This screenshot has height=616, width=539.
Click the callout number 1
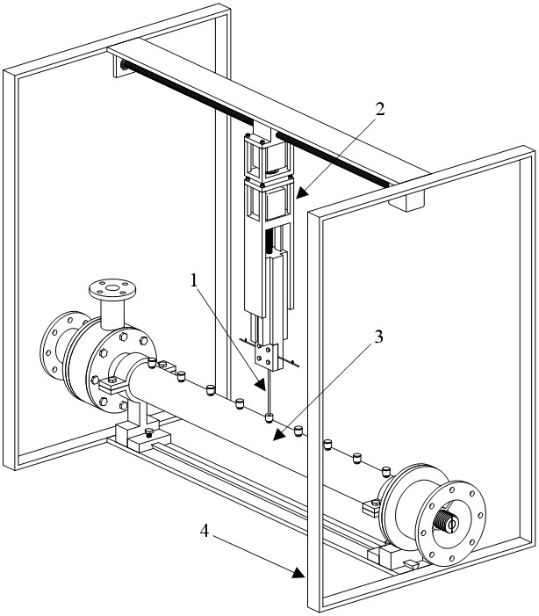193,280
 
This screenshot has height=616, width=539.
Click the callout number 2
379,109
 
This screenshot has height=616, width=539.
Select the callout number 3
378,337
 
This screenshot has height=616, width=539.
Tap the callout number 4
205,531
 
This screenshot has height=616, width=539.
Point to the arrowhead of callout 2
300,193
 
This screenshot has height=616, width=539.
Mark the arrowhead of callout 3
279,435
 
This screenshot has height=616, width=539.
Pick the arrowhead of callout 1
261,385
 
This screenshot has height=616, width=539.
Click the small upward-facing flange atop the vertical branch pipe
112,289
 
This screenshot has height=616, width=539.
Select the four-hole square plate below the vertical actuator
265,355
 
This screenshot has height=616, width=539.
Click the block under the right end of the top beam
406,200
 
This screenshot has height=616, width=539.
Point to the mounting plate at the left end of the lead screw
121,66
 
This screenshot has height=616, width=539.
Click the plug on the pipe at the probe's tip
269,417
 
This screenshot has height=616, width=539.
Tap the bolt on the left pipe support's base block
148,433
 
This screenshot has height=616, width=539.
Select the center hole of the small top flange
112,287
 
